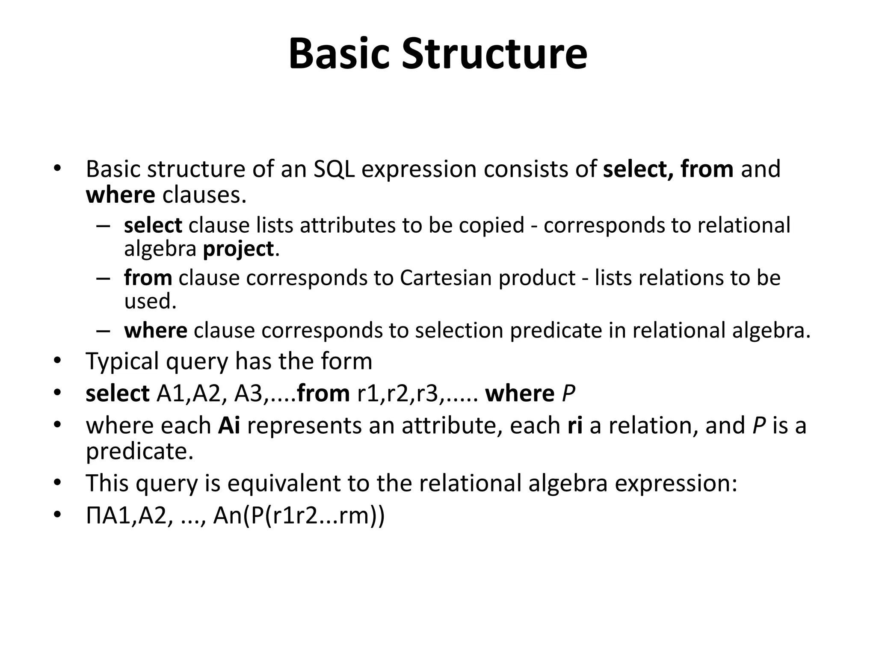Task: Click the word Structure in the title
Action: [494, 54]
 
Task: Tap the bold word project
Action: [238, 249]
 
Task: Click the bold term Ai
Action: [229, 426]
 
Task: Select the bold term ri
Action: [575, 426]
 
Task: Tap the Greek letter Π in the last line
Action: [94, 516]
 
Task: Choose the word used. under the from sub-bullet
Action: [150, 302]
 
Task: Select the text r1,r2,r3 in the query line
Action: [398, 394]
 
